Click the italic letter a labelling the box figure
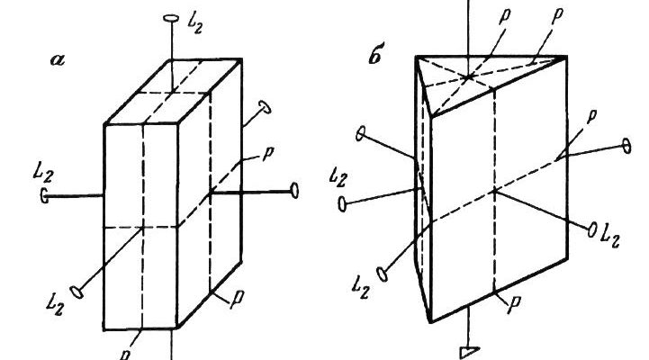tap(58, 60)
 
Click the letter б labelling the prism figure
tap(375, 57)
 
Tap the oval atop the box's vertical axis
tap(171, 18)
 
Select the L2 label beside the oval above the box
tap(195, 23)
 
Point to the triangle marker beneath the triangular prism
tap(469, 353)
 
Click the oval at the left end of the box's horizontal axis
tap(44, 195)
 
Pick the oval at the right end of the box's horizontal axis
tap(294, 191)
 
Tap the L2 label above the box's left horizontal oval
tap(43, 173)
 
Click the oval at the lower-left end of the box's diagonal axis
tap(77, 292)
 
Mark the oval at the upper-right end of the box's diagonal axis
tap(265, 107)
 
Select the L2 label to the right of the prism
tap(611, 237)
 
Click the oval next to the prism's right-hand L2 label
tap(592, 229)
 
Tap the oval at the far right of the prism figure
tap(627, 147)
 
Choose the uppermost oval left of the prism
tap(361, 134)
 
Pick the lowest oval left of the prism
tap(383, 274)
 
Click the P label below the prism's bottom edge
tap(514, 304)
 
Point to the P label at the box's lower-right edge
tap(237, 299)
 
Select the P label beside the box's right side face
tap(266, 154)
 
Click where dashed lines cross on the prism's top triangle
tap(469, 77)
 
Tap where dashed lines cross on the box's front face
tap(142, 227)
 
